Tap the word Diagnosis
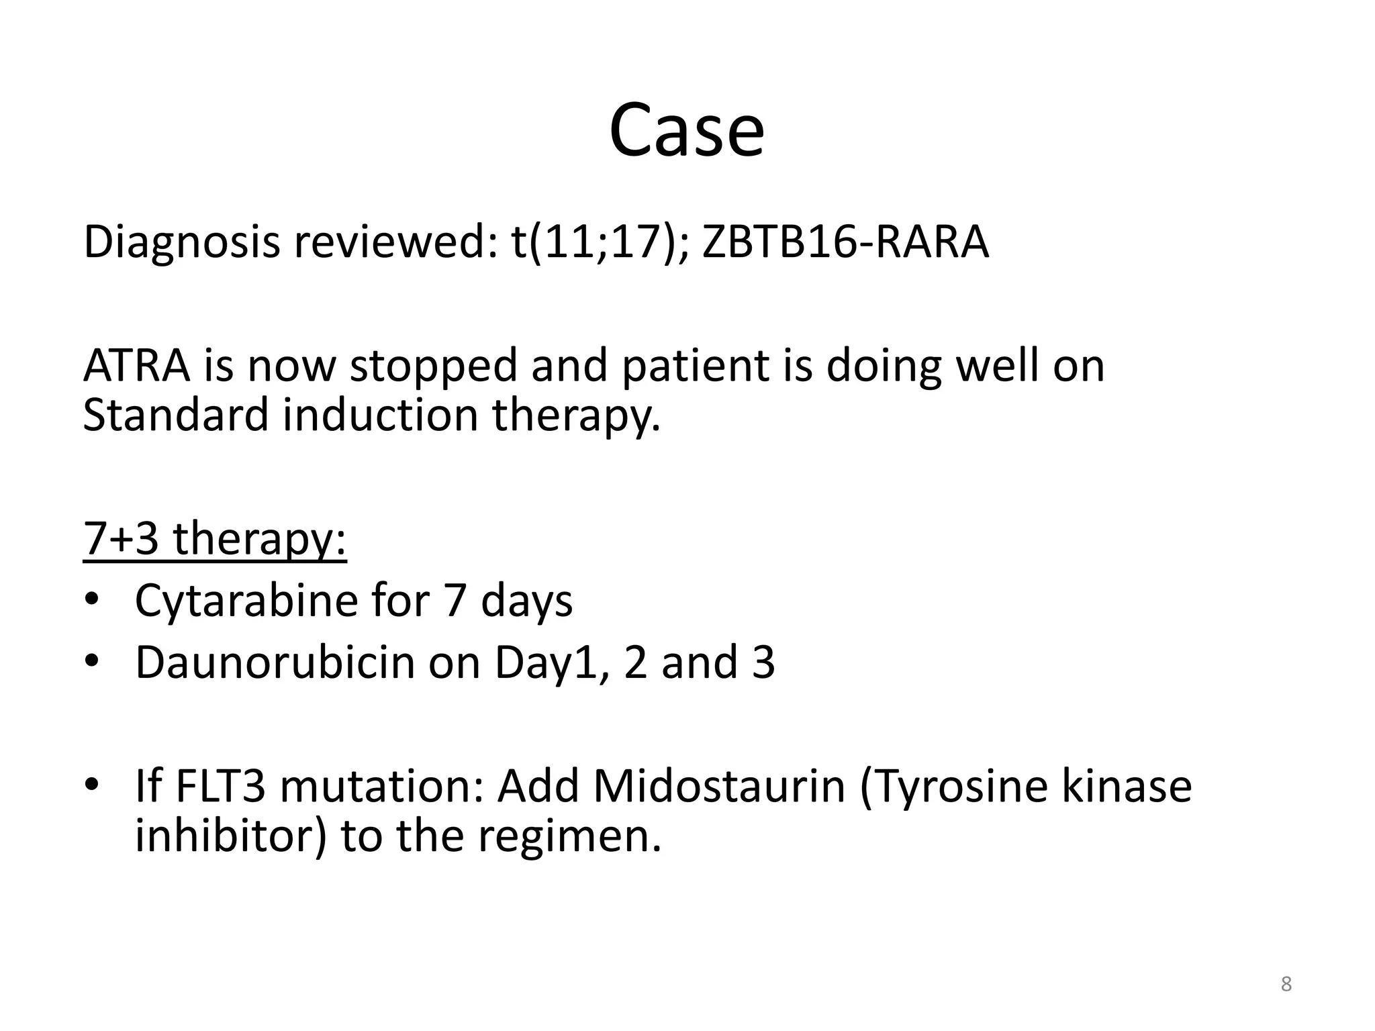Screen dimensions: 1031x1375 point(181,242)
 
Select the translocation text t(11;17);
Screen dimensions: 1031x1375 point(600,242)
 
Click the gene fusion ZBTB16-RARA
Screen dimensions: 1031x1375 point(845,242)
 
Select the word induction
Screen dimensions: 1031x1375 point(380,415)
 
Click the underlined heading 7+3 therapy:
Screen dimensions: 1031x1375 point(215,539)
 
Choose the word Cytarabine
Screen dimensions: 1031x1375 point(246,601)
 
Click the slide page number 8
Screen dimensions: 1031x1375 point(1286,984)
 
